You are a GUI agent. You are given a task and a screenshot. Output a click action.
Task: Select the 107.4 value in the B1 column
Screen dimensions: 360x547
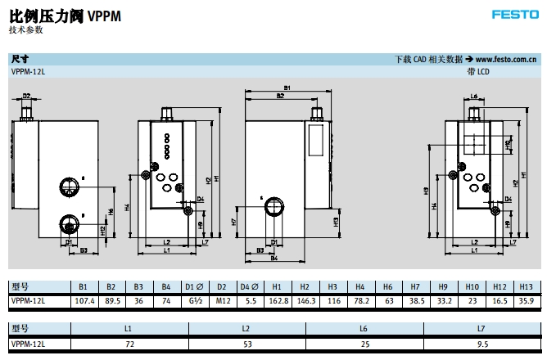pyautogui.click(x=83, y=300)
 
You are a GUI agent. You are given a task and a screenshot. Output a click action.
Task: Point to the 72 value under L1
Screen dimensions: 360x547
pyautogui.click(x=129, y=344)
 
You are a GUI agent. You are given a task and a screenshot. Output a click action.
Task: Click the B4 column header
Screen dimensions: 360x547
pyautogui.click(x=165, y=287)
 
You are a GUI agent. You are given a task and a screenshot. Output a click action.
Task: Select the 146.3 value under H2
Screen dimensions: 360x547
pyautogui.click(x=305, y=300)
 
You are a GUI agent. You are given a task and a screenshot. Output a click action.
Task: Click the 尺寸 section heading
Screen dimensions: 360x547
pyautogui.click(x=20, y=59)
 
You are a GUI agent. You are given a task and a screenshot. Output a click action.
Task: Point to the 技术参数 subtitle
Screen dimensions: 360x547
pyautogui.click(x=26, y=30)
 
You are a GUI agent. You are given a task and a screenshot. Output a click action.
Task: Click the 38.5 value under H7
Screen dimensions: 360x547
pyautogui.click(x=415, y=300)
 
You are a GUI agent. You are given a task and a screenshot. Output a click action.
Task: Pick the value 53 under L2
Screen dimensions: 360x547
pyautogui.click(x=246, y=344)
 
